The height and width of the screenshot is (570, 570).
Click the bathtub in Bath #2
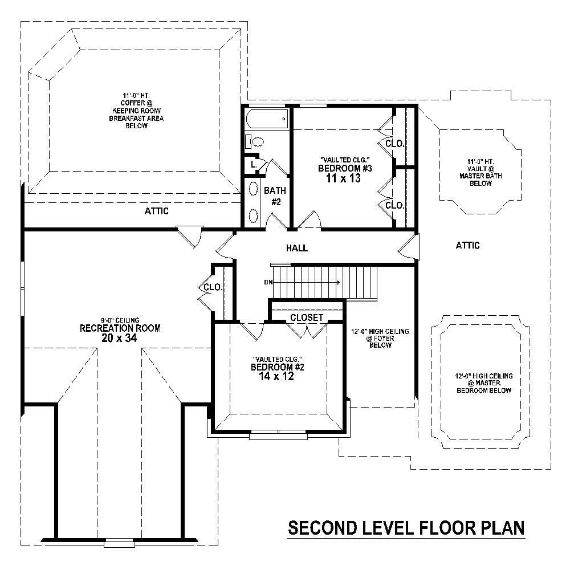click(266, 120)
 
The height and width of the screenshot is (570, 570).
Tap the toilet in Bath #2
click(254, 141)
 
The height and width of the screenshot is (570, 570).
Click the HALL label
click(296, 248)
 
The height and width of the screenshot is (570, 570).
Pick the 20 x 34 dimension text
click(120, 338)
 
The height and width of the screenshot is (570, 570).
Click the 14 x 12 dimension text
click(279, 377)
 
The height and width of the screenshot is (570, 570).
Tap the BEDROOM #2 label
click(279, 367)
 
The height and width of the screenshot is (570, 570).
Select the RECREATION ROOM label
click(120, 328)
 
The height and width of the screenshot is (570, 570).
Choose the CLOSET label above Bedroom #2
click(307, 317)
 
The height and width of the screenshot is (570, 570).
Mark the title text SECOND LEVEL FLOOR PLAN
click(406, 528)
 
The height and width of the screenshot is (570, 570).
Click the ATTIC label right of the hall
click(467, 246)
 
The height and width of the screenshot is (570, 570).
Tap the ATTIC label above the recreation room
click(156, 211)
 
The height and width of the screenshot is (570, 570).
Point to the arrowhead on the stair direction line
click(339, 282)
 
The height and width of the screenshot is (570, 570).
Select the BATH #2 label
click(275, 196)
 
